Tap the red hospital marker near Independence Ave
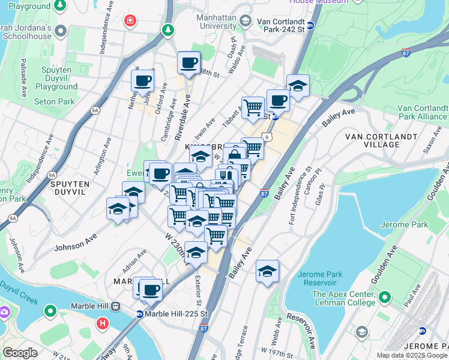pyautogui.click(x=130, y=22)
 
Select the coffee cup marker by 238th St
pyautogui.click(x=188, y=63)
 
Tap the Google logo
pyautogui.click(x=20, y=353)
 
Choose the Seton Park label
pyautogui.click(x=54, y=101)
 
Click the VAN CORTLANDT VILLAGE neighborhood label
pyautogui.click(x=381, y=140)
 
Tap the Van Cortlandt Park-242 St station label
pyautogui.click(x=278, y=25)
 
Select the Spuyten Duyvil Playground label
pyautogui.click(x=56, y=78)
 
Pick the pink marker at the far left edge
pyautogui.click(x=3, y=312)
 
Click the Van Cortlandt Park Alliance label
pyautogui.click(x=423, y=112)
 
